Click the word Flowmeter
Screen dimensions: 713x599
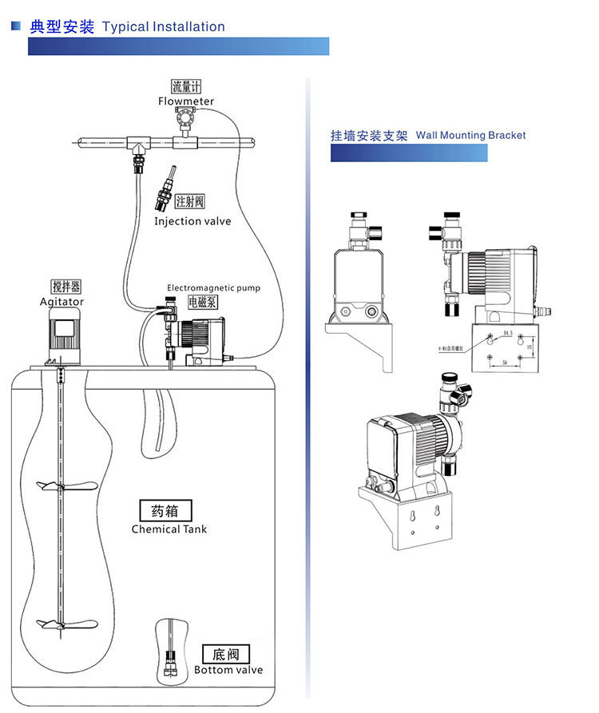click(x=186, y=101)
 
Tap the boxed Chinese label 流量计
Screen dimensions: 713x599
click(x=186, y=86)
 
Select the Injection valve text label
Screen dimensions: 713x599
click(x=192, y=221)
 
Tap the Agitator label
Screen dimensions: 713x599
click(x=61, y=302)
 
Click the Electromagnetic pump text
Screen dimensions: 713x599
click(x=213, y=288)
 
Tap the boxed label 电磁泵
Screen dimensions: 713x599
click(x=202, y=302)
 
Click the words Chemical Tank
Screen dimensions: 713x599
click(x=169, y=529)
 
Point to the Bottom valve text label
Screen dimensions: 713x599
click(x=228, y=670)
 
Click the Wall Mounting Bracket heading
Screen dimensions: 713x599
click(x=470, y=136)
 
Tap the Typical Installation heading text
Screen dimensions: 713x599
click(x=164, y=27)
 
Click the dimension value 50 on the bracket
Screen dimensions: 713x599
click(x=506, y=363)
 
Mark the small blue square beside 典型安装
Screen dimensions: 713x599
click(x=15, y=26)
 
